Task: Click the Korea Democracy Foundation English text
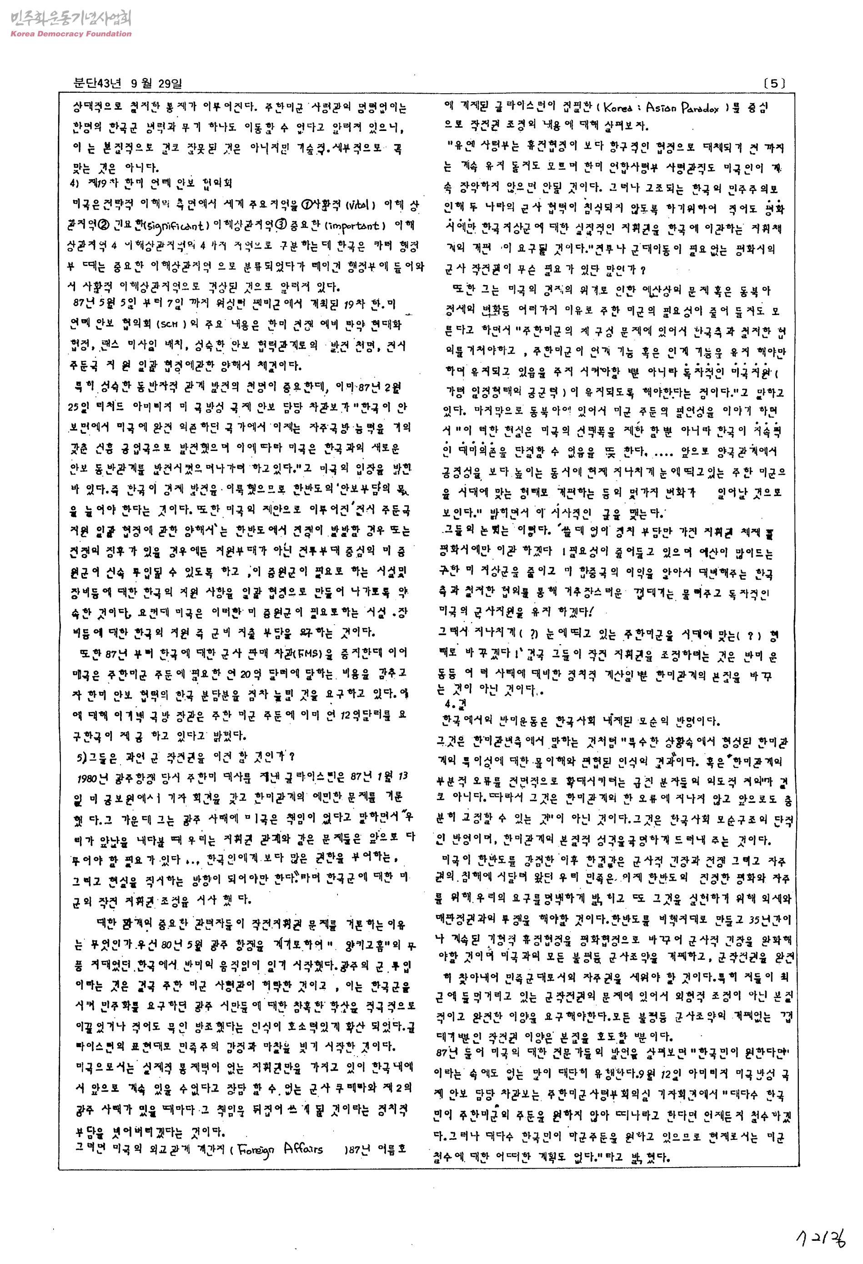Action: tap(70, 34)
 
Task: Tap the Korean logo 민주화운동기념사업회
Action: tap(70, 19)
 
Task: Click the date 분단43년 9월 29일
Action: tap(128, 83)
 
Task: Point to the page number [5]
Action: tap(774, 83)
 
